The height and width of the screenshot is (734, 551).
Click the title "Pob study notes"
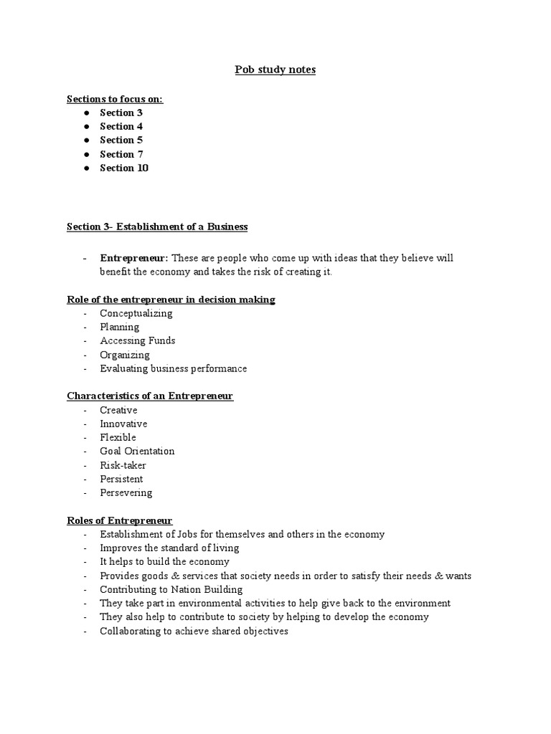click(275, 70)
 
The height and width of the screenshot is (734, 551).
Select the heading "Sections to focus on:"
click(115, 99)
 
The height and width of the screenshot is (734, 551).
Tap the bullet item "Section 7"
click(121, 154)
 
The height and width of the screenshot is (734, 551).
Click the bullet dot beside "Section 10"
click(86, 168)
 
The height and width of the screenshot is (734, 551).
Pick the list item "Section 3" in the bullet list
click(121, 113)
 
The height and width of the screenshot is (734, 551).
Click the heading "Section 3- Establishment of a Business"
click(157, 227)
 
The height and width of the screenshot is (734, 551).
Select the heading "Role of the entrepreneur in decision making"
click(171, 300)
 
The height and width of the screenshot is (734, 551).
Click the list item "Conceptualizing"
click(136, 313)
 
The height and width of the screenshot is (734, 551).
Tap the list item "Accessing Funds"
click(138, 340)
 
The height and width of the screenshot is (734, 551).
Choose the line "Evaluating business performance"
click(174, 368)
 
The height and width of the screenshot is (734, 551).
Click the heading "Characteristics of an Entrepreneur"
click(150, 396)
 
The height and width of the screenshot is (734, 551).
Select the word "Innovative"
click(123, 424)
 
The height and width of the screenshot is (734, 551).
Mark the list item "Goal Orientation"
click(137, 451)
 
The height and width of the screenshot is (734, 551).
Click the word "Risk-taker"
click(123, 465)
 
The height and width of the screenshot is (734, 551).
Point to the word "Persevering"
click(126, 492)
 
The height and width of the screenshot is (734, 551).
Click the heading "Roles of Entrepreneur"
click(120, 520)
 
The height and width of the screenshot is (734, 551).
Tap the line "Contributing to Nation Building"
click(171, 589)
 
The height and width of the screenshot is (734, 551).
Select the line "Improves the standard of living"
click(169, 548)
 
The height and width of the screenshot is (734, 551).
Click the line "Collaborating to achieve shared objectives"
click(194, 631)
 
